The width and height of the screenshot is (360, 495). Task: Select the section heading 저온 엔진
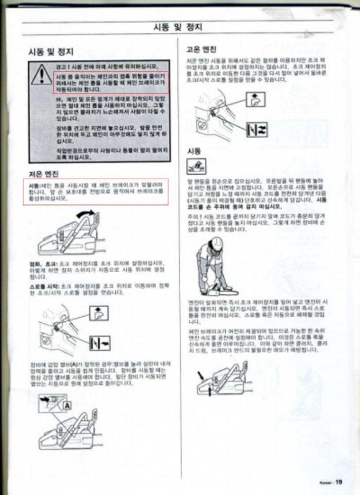(44, 174)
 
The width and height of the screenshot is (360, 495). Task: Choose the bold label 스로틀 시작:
(44, 287)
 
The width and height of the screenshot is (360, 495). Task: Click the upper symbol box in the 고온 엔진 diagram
(256, 101)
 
